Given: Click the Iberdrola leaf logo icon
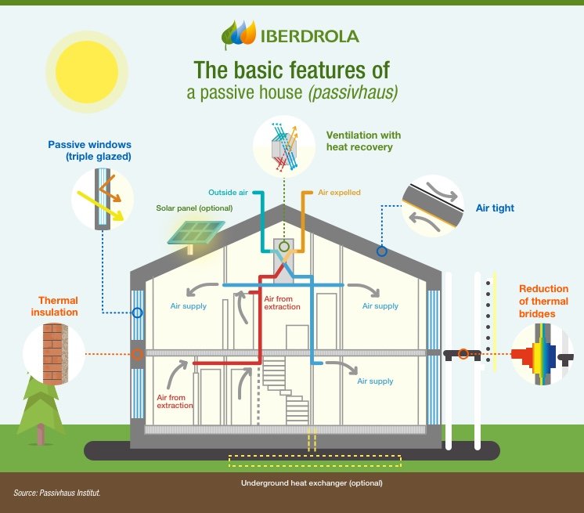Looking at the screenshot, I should pyautogui.click(x=238, y=34).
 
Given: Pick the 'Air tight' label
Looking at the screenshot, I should pyautogui.click(x=495, y=208).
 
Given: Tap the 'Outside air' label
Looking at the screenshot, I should pyautogui.click(x=228, y=192).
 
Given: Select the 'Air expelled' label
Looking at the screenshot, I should pyautogui.click(x=339, y=192).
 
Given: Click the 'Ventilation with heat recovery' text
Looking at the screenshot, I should pyautogui.click(x=359, y=140).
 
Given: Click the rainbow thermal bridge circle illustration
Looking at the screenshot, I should pyautogui.click(x=541, y=356).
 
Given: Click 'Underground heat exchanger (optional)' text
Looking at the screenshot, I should pyautogui.click(x=312, y=483).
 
